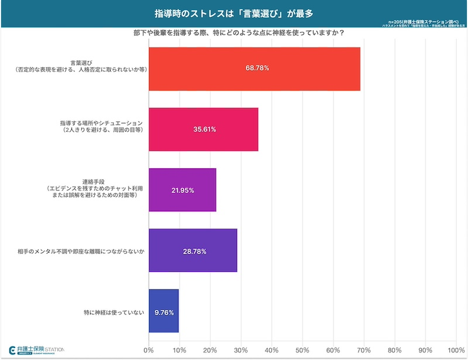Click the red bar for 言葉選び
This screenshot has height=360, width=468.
tap(254, 68)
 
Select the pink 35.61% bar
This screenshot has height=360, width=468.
tap(204, 129)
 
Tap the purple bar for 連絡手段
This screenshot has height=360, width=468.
tap(183, 190)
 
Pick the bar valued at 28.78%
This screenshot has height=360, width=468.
tap(193, 251)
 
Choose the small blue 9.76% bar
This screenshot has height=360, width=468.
tap(164, 311)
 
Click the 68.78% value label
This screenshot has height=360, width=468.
tap(257, 68)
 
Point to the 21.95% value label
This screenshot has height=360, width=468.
tap(183, 191)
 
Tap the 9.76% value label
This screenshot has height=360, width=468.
tap(164, 312)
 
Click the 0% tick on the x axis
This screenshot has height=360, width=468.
tap(149, 351)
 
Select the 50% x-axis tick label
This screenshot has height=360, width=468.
tap(302, 351)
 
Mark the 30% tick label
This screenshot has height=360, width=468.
tap(241, 351)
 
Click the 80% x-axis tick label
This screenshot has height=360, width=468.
tap(395, 351)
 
